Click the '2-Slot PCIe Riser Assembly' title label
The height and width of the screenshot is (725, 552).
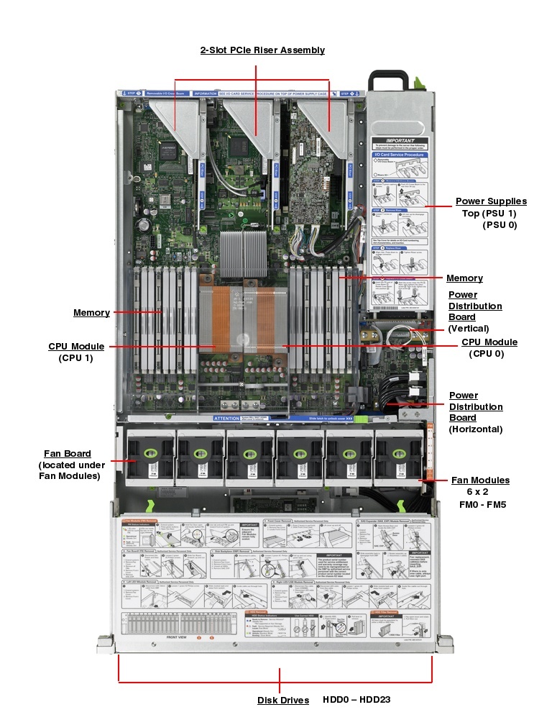point(262,50)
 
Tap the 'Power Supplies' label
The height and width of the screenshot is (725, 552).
point(491,201)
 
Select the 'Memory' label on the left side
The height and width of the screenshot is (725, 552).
point(91,313)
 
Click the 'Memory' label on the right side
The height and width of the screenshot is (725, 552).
point(464,278)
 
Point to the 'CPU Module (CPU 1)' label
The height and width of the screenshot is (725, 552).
point(76,347)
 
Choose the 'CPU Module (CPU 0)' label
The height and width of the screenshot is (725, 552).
point(489,342)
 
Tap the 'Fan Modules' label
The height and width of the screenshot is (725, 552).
point(480,480)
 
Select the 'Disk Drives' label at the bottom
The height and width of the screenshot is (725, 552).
point(283,701)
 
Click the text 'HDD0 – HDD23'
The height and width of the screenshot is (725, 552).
point(356,700)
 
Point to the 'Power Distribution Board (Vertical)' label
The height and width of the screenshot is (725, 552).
point(475,311)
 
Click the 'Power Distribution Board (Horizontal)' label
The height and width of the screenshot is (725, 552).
point(476,412)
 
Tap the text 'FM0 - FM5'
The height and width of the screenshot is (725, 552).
point(482,505)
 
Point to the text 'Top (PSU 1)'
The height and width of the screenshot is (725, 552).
point(489,214)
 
